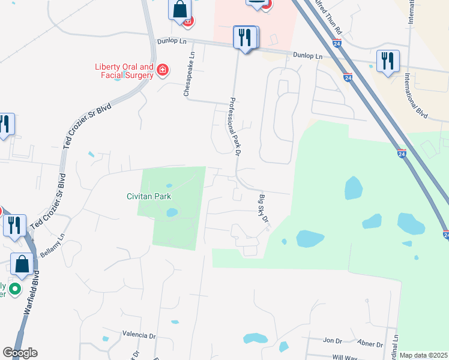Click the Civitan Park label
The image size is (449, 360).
tap(148, 196)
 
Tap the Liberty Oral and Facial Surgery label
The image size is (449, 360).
tap(124, 71)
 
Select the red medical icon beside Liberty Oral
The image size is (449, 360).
tap(162, 71)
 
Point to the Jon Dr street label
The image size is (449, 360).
tap(332, 340)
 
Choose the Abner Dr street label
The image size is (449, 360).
tap(369, 344)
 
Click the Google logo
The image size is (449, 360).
tap(20, 353)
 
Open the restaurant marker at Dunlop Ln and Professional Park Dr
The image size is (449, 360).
tap(246, 37)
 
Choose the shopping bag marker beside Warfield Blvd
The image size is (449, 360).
tap(22, 265)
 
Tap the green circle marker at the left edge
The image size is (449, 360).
tap(14, 290)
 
